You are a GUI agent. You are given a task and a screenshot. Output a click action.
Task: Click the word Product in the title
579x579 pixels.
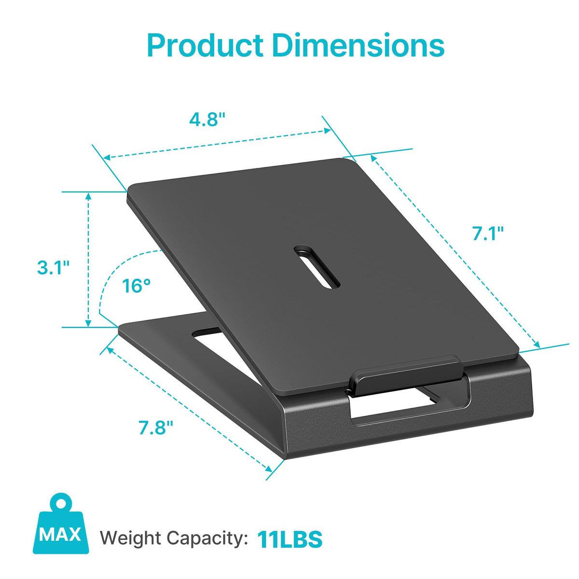(205, 46)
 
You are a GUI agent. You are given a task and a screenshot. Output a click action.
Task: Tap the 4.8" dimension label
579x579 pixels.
(207, 119)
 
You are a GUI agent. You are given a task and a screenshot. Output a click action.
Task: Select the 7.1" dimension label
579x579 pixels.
(488, 234)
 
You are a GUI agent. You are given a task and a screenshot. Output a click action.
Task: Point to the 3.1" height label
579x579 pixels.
(53, 267)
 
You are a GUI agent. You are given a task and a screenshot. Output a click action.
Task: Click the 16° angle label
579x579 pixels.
(136, 286)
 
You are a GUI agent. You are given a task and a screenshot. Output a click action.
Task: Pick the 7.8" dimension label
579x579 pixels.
(156, 427)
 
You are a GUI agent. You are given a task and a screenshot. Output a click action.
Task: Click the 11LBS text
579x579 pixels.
(289, 539)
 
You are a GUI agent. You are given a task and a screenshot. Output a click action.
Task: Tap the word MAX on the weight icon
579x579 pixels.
(60, 535)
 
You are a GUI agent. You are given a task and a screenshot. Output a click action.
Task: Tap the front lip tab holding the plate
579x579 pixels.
(405, 375)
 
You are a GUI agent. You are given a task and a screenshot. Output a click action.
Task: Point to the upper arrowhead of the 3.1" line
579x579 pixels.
(88, 196)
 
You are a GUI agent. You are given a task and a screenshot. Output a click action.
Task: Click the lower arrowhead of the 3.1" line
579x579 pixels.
(88, 323)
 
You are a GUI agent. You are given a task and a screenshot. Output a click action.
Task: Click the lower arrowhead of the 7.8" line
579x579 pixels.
(268, 468)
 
